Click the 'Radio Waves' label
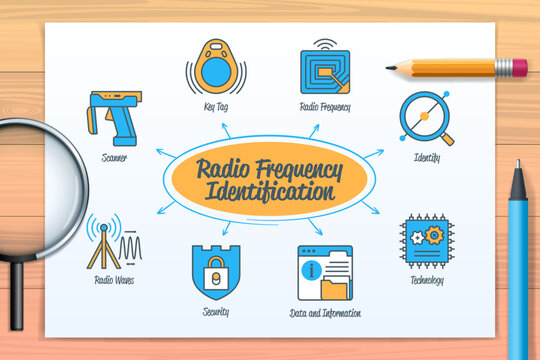tap(114, 280)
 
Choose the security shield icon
tap(215, 271)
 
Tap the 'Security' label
tap(214, 312)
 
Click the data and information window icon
tap(325, 272)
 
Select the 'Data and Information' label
tap(325, 313)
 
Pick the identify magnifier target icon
tap(426, 119)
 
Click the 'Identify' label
tap(426, 158)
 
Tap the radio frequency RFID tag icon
tap(324, 69)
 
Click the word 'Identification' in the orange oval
tap(269, 190)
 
